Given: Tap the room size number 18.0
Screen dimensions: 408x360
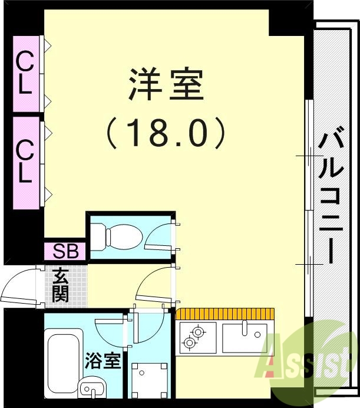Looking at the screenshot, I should click(166, 133).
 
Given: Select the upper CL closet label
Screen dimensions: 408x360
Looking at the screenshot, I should click(24, 73).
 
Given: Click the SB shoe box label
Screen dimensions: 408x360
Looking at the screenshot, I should click(65, 251).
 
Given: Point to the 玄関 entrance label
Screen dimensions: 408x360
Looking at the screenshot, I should click(60, 285).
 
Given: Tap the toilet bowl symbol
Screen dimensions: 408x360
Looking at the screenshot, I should click(121, 237).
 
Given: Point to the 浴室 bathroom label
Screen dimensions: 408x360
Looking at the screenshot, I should click(104, 361).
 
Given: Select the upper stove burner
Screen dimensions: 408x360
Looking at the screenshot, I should click(198, 333).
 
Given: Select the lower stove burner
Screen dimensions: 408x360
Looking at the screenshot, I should click(190, 343).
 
